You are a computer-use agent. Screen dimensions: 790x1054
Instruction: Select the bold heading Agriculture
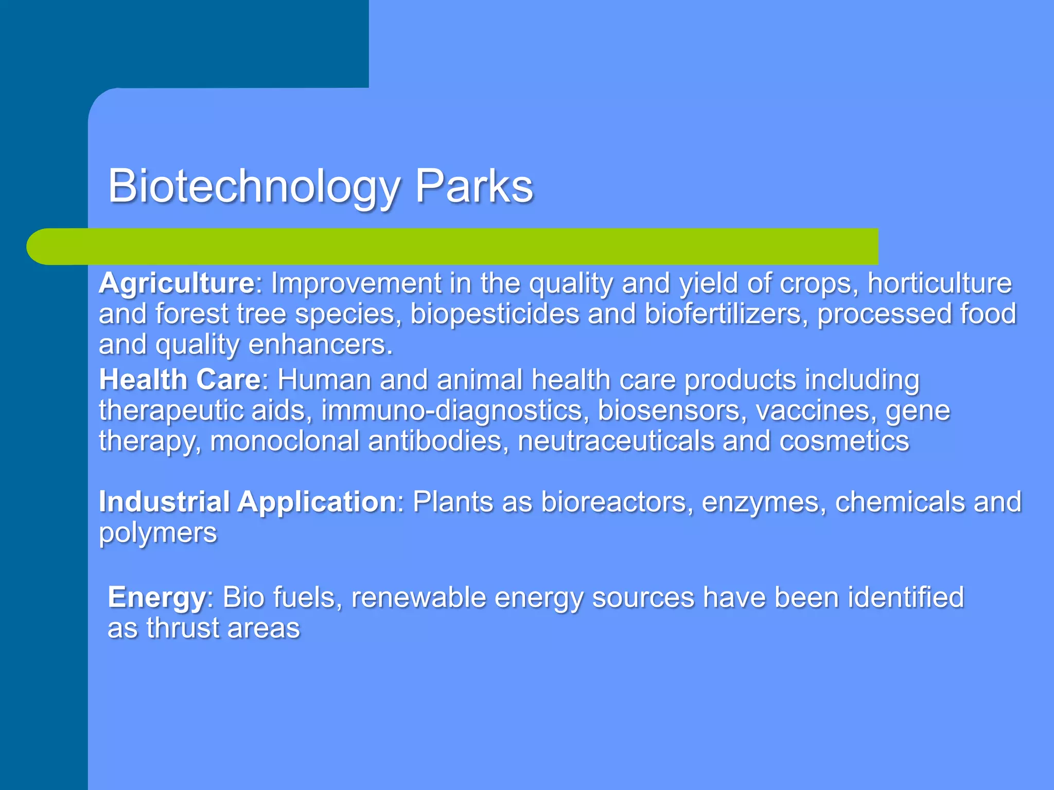coord(177,283)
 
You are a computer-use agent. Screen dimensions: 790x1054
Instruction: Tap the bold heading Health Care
coord(180,380)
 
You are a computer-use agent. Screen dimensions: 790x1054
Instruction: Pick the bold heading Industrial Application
coord(247,502)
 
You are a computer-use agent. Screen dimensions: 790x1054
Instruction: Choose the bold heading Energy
coord(156,598)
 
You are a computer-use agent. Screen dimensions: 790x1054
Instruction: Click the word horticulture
coord(940,283)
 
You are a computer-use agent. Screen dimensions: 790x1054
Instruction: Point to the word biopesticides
coord(495,315)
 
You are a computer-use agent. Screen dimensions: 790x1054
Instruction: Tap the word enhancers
coord(321,345)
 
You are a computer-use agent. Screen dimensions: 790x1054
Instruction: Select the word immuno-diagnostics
coord(455,411)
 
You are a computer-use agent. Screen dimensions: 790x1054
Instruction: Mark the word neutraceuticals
coord(616,441)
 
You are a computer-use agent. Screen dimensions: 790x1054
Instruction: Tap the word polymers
coord(158,533)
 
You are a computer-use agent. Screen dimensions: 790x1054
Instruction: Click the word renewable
coord(418,598)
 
